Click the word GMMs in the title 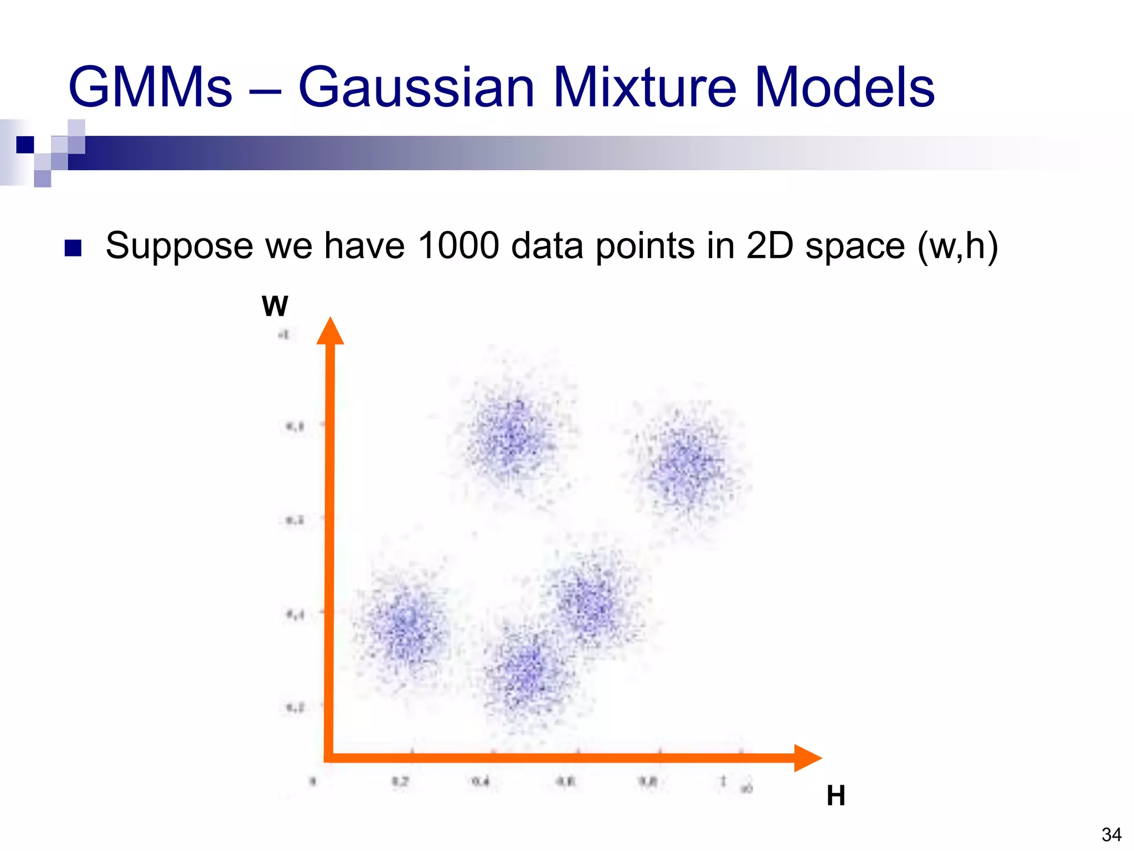[150, 88]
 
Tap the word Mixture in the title [645, 88]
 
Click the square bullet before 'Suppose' [73, 248]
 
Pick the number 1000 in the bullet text [458, 245]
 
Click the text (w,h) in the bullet [957, 247]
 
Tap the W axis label [275, 306]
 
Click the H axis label [836, 796]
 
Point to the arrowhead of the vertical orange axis [331, 331]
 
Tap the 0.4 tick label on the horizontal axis [481, 782]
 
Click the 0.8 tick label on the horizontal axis [648, 782]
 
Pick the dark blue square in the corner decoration [25, 145]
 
